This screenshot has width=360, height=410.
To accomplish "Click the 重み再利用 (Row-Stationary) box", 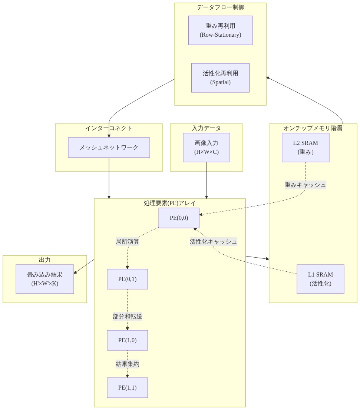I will click(x=220, y=30).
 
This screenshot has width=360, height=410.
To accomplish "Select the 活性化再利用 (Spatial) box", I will click(x=220, y=78).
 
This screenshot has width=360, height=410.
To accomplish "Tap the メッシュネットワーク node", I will click(x=109, y=148).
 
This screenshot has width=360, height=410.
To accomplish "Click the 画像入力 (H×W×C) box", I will click(x=207, y=148).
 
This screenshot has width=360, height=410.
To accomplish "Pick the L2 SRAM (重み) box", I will click(x=305, y=148).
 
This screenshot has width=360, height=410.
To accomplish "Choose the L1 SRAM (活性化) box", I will click(x=320, y=279).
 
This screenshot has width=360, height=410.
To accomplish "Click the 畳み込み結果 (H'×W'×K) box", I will click(x=45, y=279).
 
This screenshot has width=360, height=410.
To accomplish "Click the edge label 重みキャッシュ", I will click(x=305, y=185).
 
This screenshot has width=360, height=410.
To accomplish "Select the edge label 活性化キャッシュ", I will click(x=213, y=242).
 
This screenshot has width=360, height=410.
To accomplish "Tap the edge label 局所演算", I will click(x=128, y=242).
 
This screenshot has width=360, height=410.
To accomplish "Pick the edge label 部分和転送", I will click(x=128, y=317).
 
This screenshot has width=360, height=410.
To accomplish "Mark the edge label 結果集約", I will click(x=128, y=364).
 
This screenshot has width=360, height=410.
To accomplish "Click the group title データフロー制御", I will click(x=220, y=7).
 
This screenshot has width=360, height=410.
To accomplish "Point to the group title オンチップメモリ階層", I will click(x=313, y=128).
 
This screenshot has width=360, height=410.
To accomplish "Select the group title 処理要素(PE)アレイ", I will click(x=169, y=203).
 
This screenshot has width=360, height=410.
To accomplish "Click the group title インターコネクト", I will click(x=109, y=128).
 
